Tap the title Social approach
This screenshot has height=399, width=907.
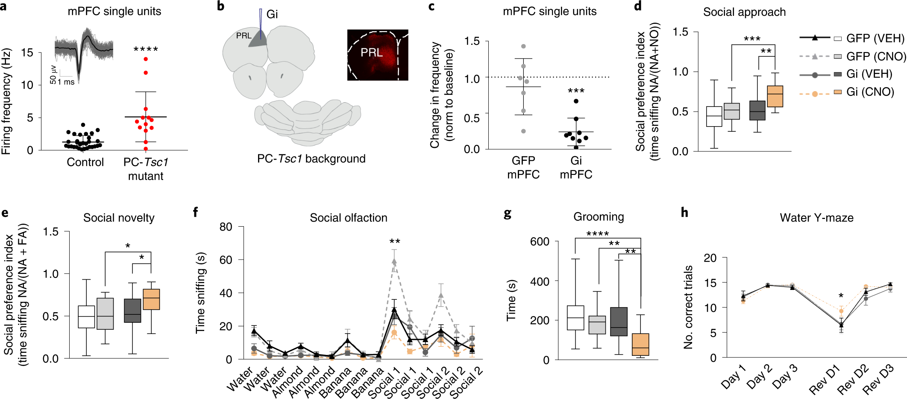pos(744,12)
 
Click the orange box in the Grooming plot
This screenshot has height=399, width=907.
pos(640,344)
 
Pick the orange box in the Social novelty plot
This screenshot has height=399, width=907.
pos(151,299)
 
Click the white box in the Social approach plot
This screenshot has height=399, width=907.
pos(714,116)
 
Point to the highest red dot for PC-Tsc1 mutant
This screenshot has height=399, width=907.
pos(146,59)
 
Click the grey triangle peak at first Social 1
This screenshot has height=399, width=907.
pos(394,261)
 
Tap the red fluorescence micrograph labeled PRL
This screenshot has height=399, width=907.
pos(378,55)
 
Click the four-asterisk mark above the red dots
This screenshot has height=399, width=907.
pos(146,49)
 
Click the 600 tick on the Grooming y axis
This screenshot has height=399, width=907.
pos(540,242)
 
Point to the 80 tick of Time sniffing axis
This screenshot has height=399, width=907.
pos(226,227)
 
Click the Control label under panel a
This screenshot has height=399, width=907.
pos(85,163)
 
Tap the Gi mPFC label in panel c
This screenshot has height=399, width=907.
pos(576,167)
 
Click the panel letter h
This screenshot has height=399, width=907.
pos(684,212)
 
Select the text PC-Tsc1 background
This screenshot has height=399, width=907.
pos(311,159)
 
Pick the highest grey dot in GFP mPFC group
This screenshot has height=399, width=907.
pos(523,46)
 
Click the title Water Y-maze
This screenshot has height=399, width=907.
pos(816,218)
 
